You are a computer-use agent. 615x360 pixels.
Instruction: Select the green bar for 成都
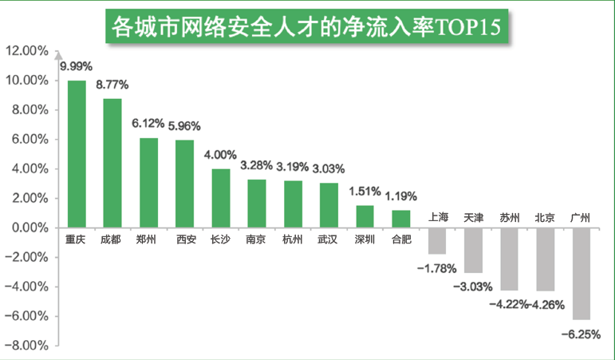(112, 163)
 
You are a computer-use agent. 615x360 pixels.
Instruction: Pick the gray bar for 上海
(437, 240)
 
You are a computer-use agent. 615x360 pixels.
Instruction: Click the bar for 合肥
(400, 219)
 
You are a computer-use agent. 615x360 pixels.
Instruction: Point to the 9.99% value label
(77, 65)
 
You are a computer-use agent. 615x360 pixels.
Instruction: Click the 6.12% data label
(148, 124)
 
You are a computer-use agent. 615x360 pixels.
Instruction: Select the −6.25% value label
(580, 334)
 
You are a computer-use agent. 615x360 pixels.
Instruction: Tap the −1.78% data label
(436, 267)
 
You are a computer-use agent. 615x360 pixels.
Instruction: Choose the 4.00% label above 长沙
(220, 154)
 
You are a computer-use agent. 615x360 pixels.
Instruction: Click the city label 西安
(185, 239)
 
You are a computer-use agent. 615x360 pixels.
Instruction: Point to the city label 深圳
(365, 239)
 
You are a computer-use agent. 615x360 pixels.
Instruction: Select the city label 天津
(473, 217)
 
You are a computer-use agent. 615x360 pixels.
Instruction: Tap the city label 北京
(545, 217)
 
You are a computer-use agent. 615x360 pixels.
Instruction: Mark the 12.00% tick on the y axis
(27, 51)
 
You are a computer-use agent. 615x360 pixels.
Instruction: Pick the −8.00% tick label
(29, 346)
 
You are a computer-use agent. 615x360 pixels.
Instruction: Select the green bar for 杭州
(293, 204)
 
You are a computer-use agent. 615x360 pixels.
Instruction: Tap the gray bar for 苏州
(509, 259)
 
